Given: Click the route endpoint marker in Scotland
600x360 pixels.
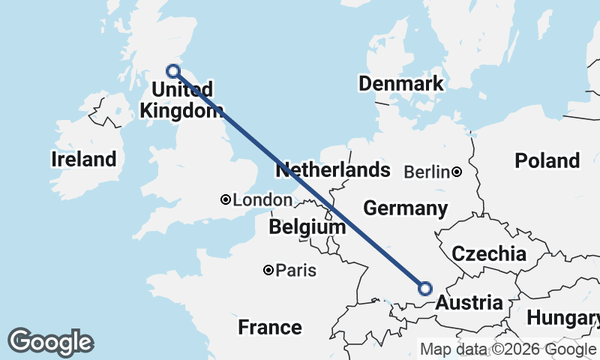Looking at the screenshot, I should [x=173, y=71].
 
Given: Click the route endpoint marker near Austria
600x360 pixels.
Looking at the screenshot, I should [x=425, y=288].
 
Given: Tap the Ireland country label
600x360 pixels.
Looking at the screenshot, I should [x=84, y=159].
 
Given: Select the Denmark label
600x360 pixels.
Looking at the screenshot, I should [x=401, y=83].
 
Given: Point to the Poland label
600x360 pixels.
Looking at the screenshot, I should [x=547, y=160].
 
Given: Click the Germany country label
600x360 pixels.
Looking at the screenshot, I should [x=405, y=208].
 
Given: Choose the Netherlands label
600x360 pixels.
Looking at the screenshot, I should [x=333, y=170].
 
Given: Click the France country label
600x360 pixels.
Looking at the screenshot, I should [x=270, y=327].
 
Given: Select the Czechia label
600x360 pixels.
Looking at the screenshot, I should [x=489, y=253].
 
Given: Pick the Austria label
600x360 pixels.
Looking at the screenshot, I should [x=469, y=303].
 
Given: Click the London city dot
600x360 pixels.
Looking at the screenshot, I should [x=225, y=199].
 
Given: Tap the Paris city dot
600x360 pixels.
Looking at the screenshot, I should [x=268, y=270].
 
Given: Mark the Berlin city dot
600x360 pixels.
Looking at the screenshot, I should [x=457, y=172].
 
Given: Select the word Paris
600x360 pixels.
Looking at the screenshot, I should [x=295, y=270].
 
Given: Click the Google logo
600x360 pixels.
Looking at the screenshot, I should [x=50, y=342].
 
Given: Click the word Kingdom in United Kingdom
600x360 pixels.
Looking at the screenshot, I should [x=181, y=110].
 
